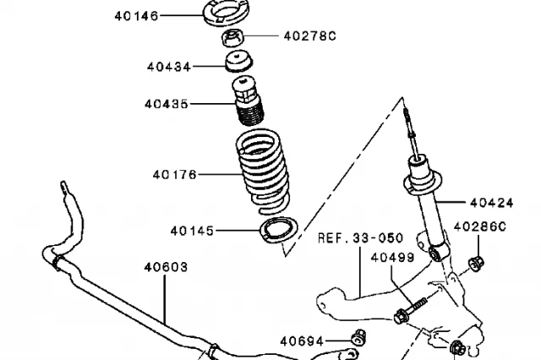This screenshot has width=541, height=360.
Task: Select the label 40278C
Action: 309,36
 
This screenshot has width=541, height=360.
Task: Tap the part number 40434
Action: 168,66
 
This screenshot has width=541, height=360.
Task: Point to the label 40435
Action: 167,105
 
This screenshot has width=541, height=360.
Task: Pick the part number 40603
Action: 166,266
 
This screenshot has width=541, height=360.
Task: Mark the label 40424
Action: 491,202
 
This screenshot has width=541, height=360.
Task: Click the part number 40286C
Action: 480,226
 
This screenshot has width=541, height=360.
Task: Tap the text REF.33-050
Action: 360,238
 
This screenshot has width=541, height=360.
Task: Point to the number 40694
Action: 302,341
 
